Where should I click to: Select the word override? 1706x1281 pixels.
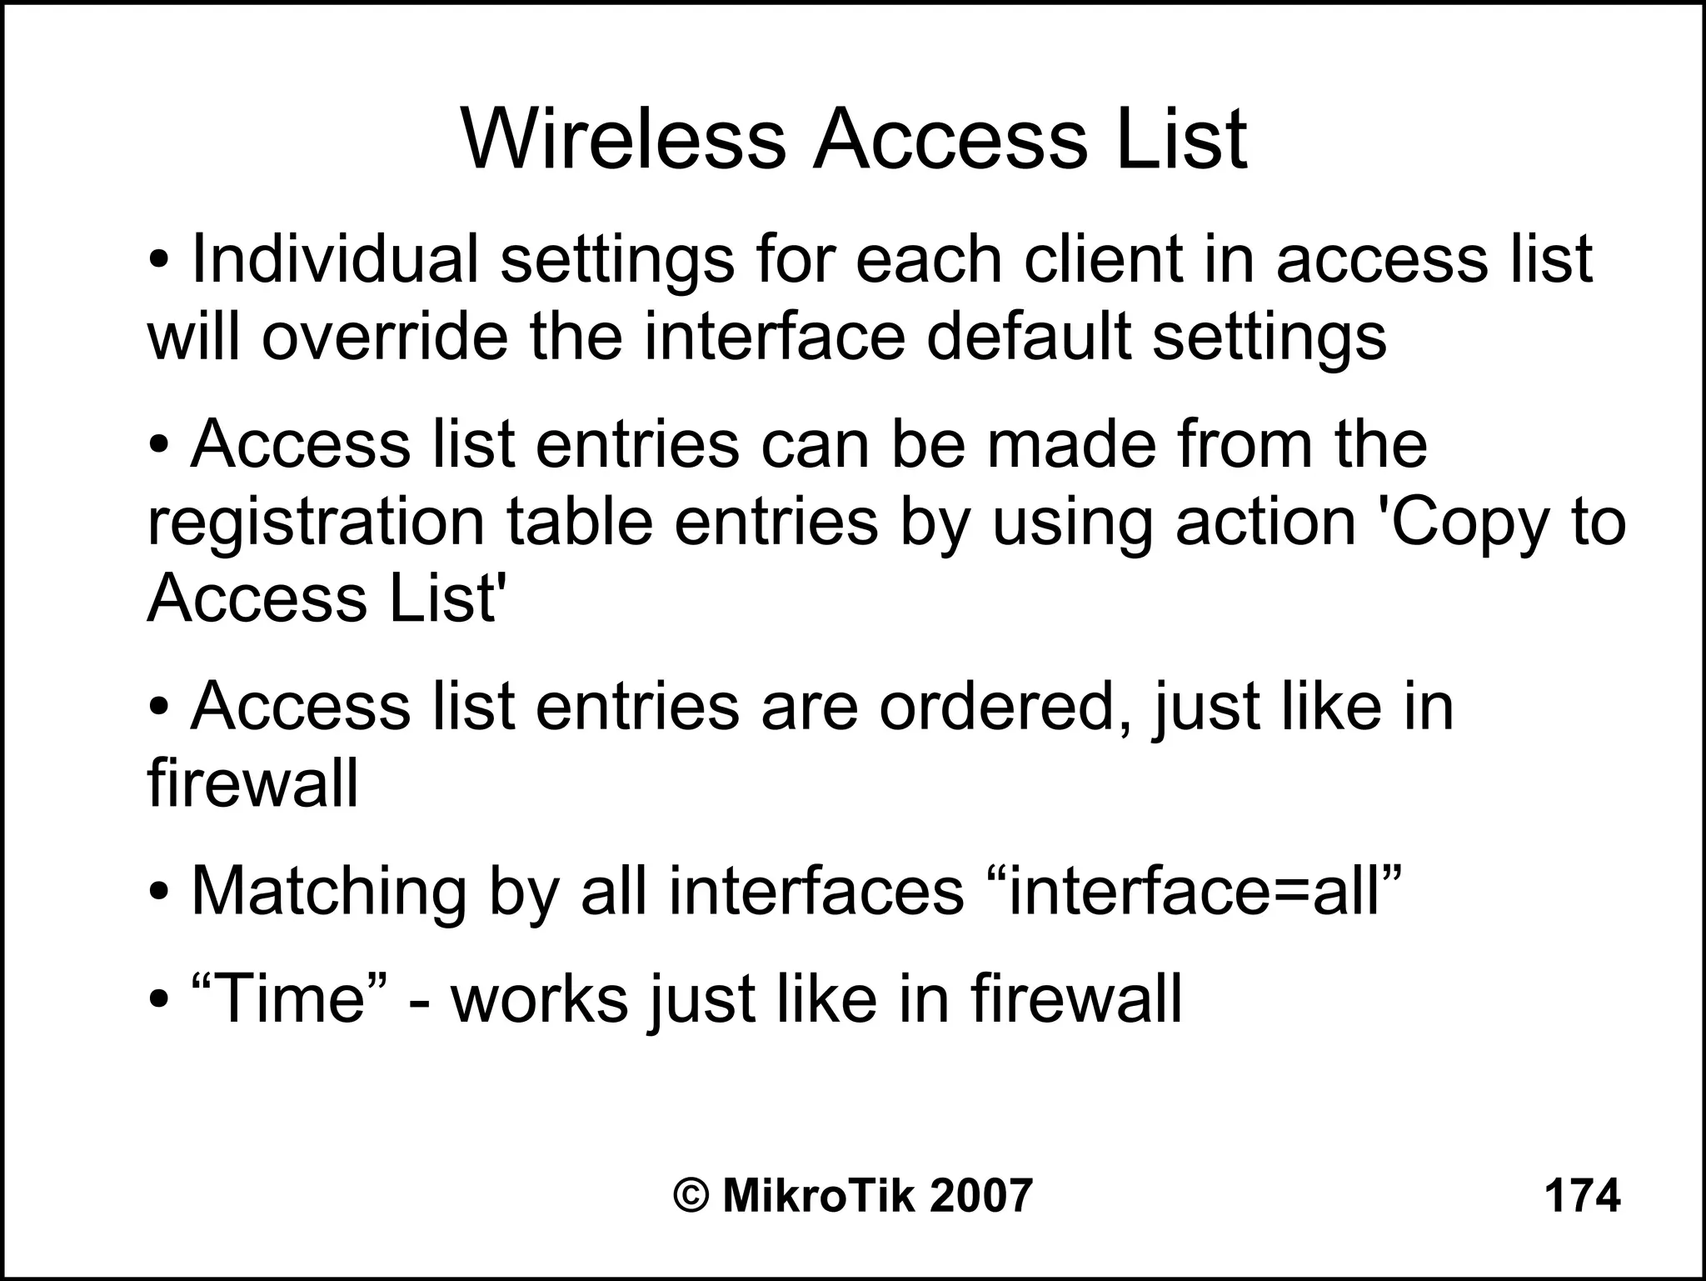[x=384, y=337]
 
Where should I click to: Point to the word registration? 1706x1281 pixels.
[x=315, y=523]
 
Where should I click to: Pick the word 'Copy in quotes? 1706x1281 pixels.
[x=1460, y=523]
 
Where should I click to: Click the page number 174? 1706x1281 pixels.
[x=1582, y=1196]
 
